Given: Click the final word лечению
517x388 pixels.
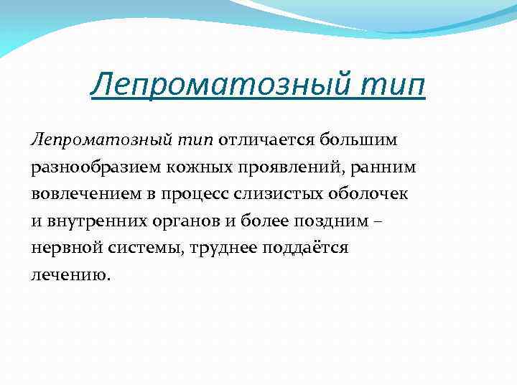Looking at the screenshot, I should click(71, 275).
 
